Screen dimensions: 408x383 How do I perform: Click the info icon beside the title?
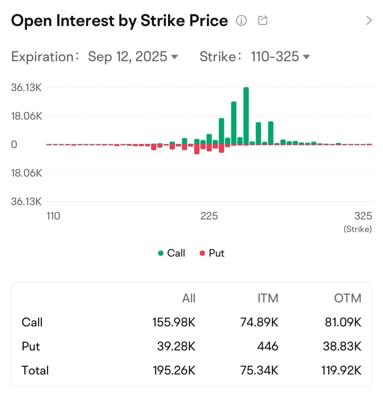click(x=241, y=20)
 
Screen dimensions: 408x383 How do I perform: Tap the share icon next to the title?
click(x=263, y=20)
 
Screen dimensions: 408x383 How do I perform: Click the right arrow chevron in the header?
click(x=369, y=20)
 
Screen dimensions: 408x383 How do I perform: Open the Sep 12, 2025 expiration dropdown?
click(x=133, y=56)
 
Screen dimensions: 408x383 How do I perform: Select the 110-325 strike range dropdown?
click(x=280, y=56)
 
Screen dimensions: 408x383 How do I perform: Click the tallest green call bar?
click(x=246, y=116)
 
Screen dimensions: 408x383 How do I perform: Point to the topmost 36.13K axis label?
click(x=26, y=88)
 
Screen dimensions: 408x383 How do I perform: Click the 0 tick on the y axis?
click(x=14, y=145)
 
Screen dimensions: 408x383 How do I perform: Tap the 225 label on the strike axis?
click(x=209, y=216)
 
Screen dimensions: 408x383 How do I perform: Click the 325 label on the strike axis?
click(x=363, y=216)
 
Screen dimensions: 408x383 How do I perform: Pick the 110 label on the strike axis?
click(x=53, y=216)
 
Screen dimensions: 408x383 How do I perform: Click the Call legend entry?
click(x=172, y=253)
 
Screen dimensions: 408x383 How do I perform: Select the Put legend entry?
click(x=212, y=253)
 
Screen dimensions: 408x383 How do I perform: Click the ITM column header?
click(x=268, y=298)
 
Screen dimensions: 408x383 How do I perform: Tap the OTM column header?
click(x=347, y=298)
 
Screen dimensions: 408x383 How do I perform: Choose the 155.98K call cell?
click(x=174, y=322)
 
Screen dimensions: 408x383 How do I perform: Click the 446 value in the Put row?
click(x=268, y=346)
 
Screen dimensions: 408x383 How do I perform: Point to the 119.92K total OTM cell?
click(x=341, y=370)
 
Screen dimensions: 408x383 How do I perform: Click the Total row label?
click(x=35, y=370)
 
